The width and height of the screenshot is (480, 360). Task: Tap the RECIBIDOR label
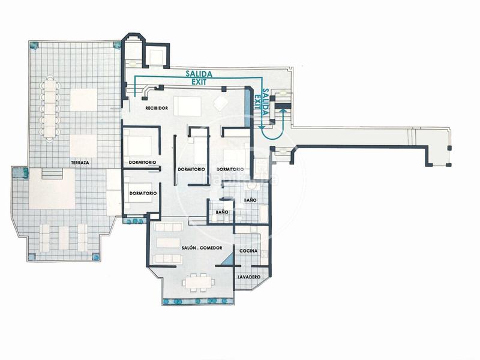(155, 108)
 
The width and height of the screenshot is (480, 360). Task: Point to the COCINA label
(248, 250)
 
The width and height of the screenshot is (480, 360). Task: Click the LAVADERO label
(248, 277)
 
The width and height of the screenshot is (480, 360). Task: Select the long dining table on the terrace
(49, 110)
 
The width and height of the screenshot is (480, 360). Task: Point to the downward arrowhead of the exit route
(262, 127)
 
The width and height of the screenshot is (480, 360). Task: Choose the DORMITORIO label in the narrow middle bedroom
(192, 170)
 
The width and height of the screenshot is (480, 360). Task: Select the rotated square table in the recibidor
(220, 103)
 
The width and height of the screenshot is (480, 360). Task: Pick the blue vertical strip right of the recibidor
(248, 106)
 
